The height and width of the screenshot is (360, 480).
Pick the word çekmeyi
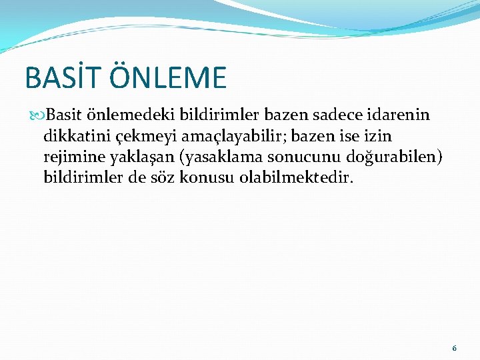point(143,137)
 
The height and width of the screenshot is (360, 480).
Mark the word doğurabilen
point(391,158)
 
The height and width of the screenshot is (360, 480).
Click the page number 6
point(455,348)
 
